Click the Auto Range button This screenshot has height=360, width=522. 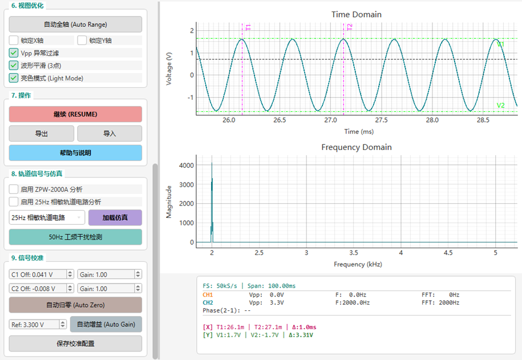(75, 25)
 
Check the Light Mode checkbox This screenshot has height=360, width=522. (14, 78)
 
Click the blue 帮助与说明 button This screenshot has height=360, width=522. (75, 153)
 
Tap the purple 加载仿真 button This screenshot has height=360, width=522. (115, 217)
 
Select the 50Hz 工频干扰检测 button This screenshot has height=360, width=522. (75, 237)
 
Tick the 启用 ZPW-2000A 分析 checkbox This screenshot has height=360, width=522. (14, 189)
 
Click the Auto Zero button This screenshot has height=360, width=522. (75, 305)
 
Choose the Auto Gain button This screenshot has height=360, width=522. (106, 324)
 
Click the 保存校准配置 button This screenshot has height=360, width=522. (75, 343)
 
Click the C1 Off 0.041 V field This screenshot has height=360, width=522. (38, 274)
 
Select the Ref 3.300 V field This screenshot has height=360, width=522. (34, 325)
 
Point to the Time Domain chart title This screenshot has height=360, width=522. (356, 14)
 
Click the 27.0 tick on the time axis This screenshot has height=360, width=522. (330, 120)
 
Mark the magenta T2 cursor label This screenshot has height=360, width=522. (349, 27)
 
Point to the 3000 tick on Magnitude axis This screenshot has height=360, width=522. (187, 184)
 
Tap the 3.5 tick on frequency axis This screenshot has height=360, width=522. (354, 253)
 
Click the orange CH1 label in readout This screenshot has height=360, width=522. (208, 295)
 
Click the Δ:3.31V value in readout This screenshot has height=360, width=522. (301, 335)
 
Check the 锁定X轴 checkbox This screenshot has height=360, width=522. (14, 41)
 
